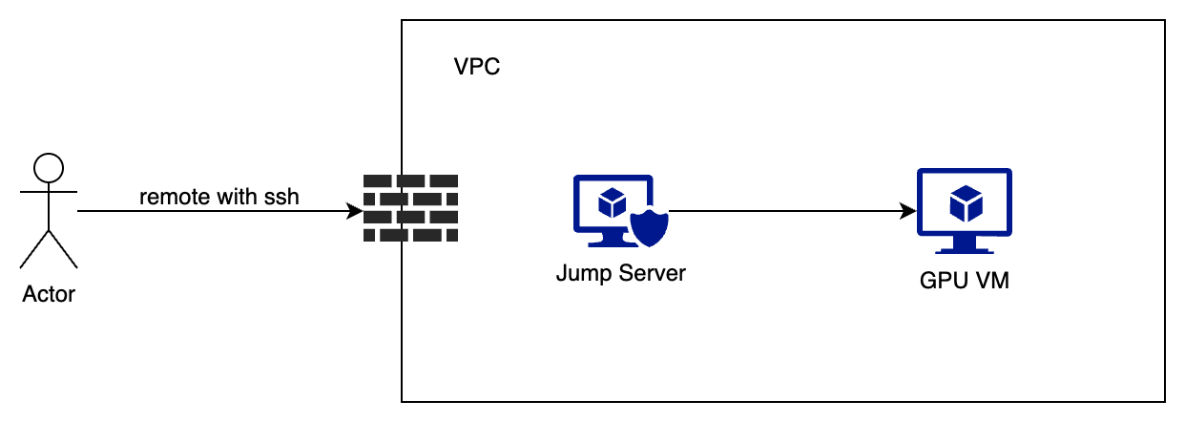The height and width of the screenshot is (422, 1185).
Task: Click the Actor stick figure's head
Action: (48, 170)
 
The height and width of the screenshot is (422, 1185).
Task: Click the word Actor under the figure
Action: (48, 294)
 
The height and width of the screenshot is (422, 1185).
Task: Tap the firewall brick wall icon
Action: (410, 208)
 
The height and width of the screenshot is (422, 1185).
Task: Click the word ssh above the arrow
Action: (282, 198)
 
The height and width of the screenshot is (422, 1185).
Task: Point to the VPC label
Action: (477, 68)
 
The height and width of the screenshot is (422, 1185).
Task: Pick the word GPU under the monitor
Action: (941, 282)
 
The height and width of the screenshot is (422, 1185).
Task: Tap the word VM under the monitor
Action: (991, 282)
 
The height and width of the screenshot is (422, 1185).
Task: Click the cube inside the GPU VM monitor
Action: (965, 203)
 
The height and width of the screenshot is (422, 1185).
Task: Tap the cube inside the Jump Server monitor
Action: (611, 201)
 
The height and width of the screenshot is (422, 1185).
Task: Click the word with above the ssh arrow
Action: (233, 198)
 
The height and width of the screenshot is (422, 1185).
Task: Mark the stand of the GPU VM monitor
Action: (964, 246)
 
